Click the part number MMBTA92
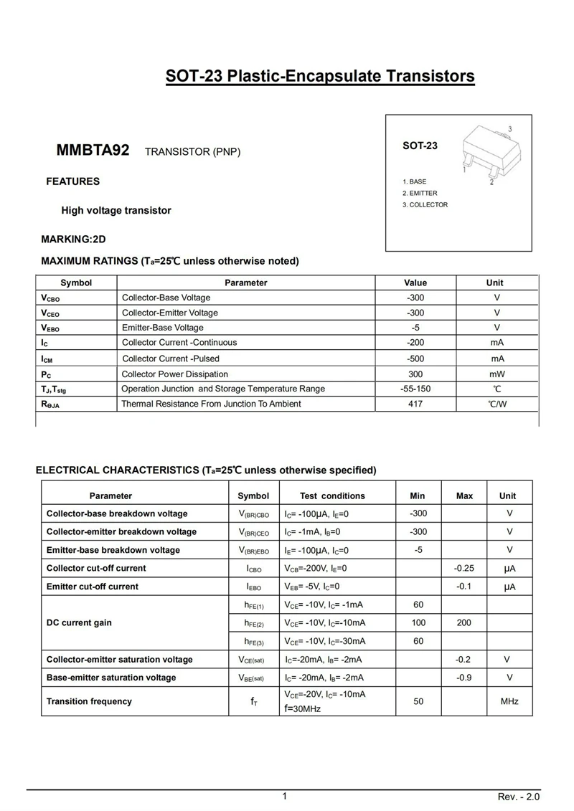pyautogui.click(x=93, y=151)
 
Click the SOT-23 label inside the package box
pyautogui.click(x=420, y=146)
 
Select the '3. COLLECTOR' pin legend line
pyautogui.click(x=425, y=205)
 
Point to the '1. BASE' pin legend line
pyautogui.click(x=414, y=182)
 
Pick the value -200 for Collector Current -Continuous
pyautogui.click(x=415, y=343)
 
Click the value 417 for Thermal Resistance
pyautogui.click(x=415, y=404)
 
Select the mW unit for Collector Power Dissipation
pyautogui.click(x=497, y=374)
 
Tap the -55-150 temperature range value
pyautogui.click(x=415, y=389)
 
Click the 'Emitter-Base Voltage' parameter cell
pyautogui.click(x=163, y=328)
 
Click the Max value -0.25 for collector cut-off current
pyautogui.click(x=464, y=568)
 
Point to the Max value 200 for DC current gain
pyautogui.click(x=464, y=622)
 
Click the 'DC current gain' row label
pyautogui.click(x=79, y=622)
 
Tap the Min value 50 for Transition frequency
pyautogui.click(x=418, y=701)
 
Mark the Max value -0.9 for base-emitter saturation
pyautogui.click(x=464, y=677)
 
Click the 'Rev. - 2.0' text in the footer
pyautogui.click(x=519, y=797)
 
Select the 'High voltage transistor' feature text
pyautogui.click(x=116, y=211)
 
